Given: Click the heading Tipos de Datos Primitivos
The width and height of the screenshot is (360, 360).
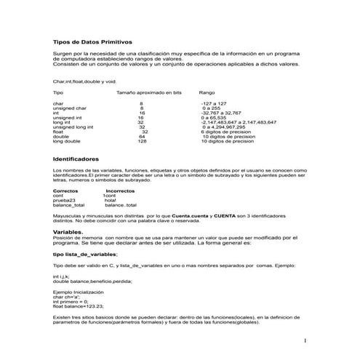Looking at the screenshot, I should coord(93,43).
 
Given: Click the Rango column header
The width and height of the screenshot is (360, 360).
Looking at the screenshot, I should coord(207,93).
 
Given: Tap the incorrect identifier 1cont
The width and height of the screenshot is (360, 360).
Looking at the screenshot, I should coord(110,195).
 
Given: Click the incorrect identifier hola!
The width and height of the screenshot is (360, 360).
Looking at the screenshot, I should coord(110,200).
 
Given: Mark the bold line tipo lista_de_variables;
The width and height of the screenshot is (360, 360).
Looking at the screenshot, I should coord(85,255).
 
